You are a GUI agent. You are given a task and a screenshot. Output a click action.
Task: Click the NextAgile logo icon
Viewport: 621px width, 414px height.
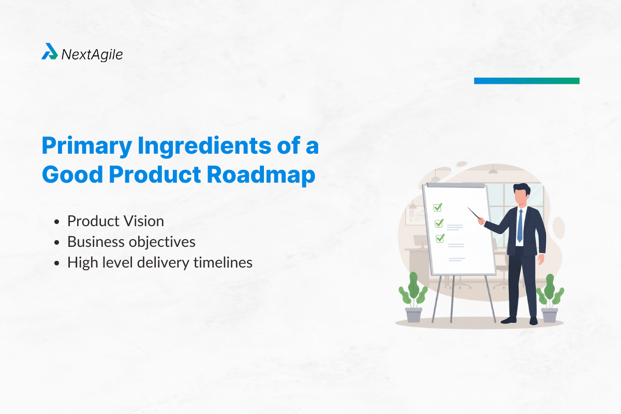click(49, 52)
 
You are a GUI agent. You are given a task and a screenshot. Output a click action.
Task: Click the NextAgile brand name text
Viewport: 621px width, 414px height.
click(92, 54)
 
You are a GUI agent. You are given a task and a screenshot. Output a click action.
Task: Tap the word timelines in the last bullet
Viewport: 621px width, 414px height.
click(223, 263)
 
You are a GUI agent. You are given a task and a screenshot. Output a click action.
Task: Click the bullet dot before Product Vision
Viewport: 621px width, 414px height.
click(57, 222)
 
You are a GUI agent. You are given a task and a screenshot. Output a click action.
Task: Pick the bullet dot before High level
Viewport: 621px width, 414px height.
click(57, 263)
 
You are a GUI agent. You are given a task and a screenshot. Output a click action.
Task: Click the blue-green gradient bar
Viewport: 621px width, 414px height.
click(526, 81)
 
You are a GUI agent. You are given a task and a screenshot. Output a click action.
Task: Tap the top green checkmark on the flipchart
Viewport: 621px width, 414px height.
click(438, 208)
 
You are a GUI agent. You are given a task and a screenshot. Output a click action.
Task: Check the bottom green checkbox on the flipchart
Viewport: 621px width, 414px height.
click(440, 239)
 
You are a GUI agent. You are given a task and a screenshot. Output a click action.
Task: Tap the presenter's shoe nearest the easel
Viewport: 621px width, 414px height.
click(510, 320)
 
